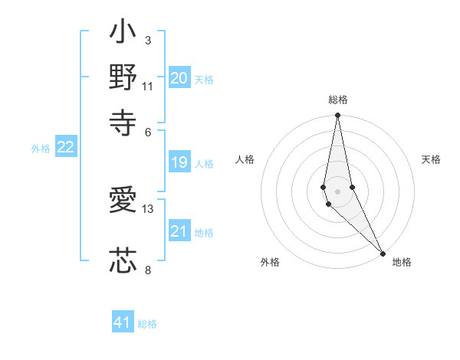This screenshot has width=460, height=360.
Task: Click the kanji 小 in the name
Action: (123, 35)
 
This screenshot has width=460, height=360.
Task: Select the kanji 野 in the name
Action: (123, 78)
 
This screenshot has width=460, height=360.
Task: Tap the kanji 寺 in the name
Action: (123, 120)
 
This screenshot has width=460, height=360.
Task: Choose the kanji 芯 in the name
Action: (123, 260)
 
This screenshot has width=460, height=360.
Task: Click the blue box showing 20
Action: (179, 78)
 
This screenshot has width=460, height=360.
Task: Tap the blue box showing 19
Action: (179, 162)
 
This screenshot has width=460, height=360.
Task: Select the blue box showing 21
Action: (179, 231)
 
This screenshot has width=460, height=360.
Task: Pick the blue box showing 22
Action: (65, 148)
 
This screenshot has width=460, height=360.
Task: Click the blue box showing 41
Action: (123, 322)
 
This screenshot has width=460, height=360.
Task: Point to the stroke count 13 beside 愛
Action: (148, 208)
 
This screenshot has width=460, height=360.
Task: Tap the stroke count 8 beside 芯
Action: (148, 269)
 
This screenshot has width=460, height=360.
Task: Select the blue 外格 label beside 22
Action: (40, 149)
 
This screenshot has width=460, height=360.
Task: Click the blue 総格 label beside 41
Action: (147, 324)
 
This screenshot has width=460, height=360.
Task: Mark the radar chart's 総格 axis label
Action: (337, 100)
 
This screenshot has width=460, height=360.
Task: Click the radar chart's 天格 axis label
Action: (431, 159)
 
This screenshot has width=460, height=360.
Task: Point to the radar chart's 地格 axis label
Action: (402, 262)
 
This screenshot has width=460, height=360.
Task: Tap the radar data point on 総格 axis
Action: (337, 116)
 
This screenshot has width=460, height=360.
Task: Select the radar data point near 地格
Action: (383, 252)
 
